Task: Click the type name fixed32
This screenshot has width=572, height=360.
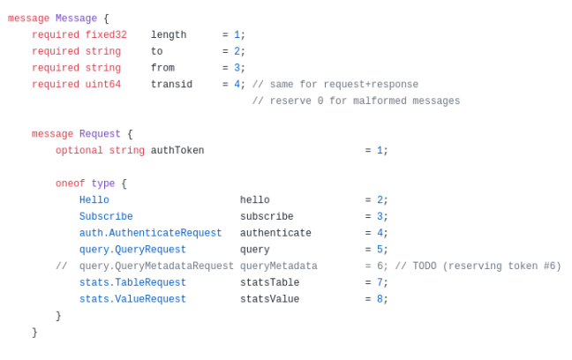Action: [x=106, y=35]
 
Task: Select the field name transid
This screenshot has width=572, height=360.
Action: [x=171, y=85]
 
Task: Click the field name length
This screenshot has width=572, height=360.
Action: [x=169, y=35]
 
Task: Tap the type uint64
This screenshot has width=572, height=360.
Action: [x=103, y=85]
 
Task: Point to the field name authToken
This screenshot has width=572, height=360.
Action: [x=177, y=151]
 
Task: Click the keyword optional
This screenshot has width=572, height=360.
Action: [x=79, y=151]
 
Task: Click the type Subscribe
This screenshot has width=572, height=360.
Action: [x=106, y=217]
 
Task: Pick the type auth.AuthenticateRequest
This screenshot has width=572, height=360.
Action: [x=150, y=233]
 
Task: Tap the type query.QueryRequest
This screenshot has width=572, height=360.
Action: [x=132, y=250]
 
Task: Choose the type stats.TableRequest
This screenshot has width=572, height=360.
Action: [x=132, y=282]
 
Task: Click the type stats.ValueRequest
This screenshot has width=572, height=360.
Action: [x=132, y=299]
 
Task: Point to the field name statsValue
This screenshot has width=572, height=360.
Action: [x=269, y=299]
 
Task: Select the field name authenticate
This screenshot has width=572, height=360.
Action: [x=275, y=233]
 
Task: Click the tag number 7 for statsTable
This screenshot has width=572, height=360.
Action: [x=380, y=282]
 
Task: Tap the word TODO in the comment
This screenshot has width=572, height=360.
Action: [x=425, y=266]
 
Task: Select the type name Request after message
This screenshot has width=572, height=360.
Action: [x=100, y=134]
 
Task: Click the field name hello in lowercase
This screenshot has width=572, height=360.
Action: [x=254, y=200]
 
